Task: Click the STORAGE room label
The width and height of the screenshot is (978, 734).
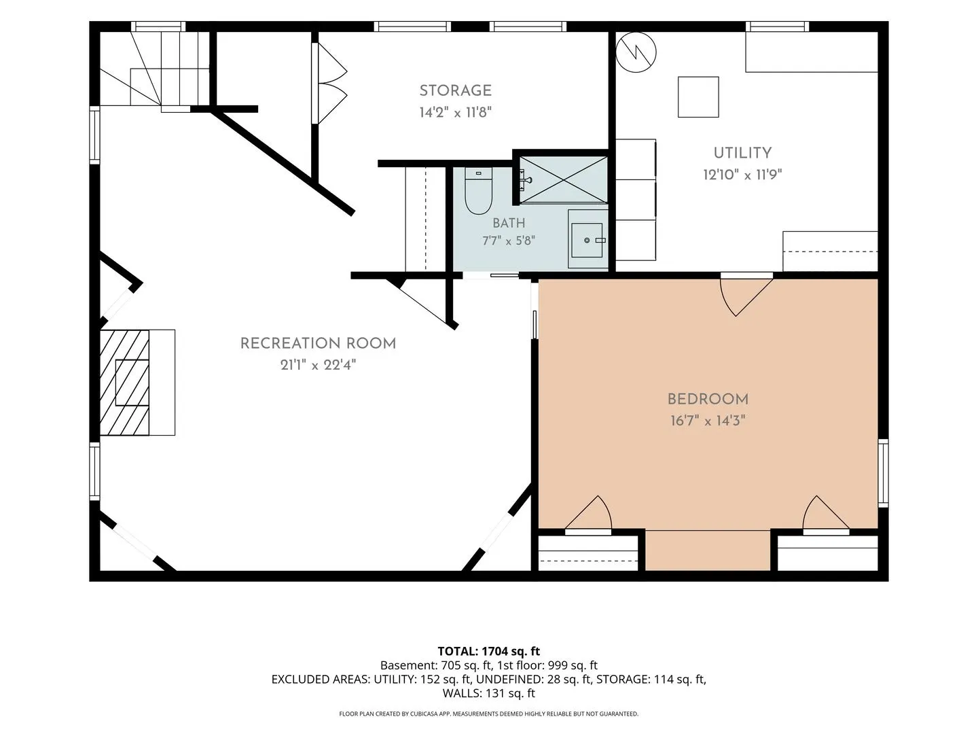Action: click(455, 90)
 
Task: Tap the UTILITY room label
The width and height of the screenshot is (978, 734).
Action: click(742, 153)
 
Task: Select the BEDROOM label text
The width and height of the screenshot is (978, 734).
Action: click(708, 399)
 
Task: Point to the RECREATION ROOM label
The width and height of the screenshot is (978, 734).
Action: click(318, 343)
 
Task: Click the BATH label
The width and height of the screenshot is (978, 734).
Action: click(509, 223)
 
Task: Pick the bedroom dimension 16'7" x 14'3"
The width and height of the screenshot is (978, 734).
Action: click(708, 420)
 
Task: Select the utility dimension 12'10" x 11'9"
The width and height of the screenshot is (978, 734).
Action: click(742, 174)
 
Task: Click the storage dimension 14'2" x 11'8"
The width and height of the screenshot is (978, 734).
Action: click(455, 112)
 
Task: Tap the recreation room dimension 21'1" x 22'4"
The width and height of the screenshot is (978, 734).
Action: click(318, 365)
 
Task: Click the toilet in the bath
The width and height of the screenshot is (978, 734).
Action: click(478, 191)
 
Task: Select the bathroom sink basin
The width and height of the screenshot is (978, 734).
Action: click(587, 240)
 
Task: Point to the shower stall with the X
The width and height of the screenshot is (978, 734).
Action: click(563, 179)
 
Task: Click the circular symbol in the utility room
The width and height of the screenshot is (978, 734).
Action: click(636, 52)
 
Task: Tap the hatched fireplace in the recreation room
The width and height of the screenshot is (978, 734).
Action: click(124, 383)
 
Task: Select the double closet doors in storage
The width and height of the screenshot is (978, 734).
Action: click(329, 83)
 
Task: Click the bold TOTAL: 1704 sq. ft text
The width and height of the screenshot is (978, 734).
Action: click(489, 651)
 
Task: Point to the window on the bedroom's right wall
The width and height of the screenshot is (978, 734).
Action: click(883, 473)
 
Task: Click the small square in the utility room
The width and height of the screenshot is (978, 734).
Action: click(698, 97)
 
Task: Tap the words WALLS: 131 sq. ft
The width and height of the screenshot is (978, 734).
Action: click(489, 693)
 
